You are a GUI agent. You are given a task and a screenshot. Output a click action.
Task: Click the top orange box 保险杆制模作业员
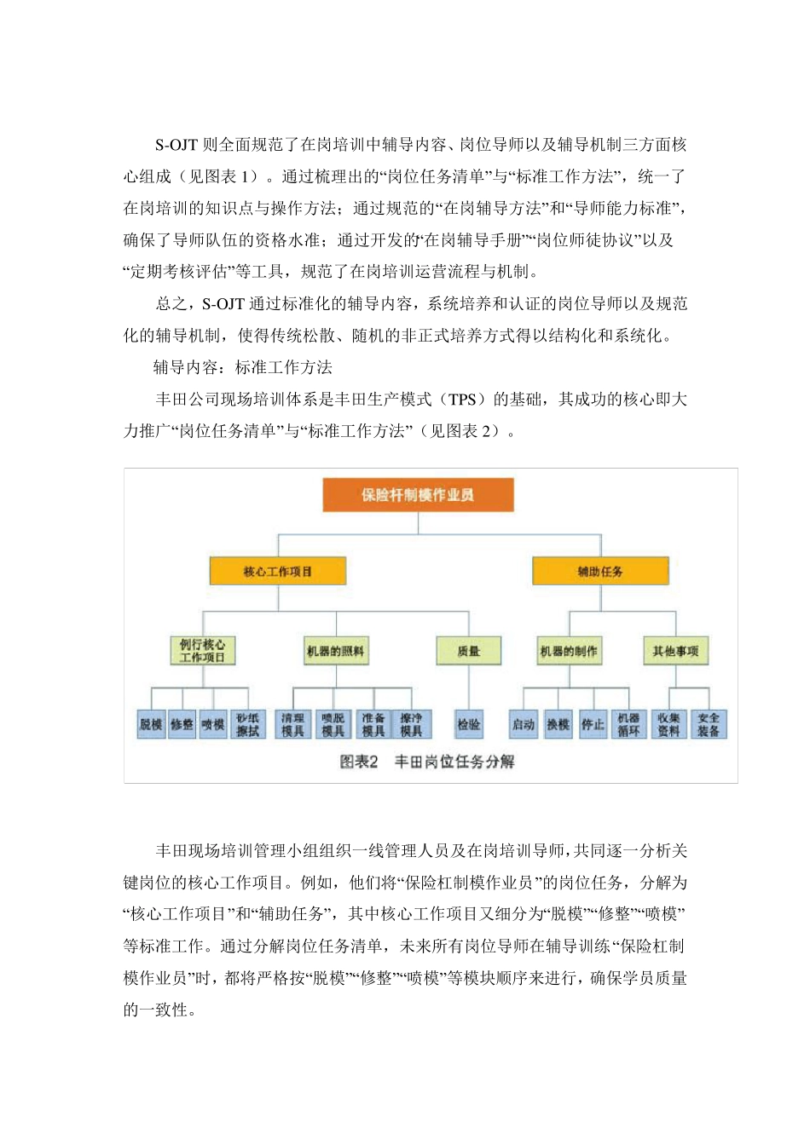[x=418, y=495]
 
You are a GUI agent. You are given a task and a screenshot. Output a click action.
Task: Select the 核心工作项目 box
[x=278, y=572]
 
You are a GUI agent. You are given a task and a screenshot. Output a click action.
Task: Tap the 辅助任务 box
[x=600, y=572]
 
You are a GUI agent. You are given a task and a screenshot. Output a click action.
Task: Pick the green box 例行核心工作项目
[x=203, y=651]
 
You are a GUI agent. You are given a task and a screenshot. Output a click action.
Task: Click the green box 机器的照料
[x=336, y=651]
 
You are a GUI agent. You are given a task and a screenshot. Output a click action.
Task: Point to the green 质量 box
[x=468, y=651]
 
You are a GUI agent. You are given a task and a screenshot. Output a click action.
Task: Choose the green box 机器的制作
[x=569, y=651]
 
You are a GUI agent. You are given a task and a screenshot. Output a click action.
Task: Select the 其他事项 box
[x=675, y=651]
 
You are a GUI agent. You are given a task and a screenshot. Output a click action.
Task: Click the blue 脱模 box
[x=151, y=724]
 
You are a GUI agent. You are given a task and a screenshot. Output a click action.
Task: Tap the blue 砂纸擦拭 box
[x=247, y=724]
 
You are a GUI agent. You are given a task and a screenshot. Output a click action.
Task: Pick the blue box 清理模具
[x=292, y=724]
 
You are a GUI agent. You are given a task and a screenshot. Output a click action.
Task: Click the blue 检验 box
[x=468, y=724]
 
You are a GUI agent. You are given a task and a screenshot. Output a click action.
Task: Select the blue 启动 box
[x=523, y=724]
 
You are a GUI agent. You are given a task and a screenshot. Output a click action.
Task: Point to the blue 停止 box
[x=593, y=724]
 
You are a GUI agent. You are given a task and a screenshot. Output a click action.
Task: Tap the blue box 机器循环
[x=628, y=724]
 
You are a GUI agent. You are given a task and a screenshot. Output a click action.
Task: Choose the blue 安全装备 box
[x=709, y=724]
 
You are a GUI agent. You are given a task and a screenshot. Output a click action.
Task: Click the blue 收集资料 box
[x=669, y=724]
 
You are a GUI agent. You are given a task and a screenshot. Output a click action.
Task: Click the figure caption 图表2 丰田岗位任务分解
[x=427, y=762]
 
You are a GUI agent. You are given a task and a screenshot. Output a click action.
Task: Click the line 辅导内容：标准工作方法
[x=243, y=368]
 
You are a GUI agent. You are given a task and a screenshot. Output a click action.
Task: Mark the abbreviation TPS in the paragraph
[x=463, y=400]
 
